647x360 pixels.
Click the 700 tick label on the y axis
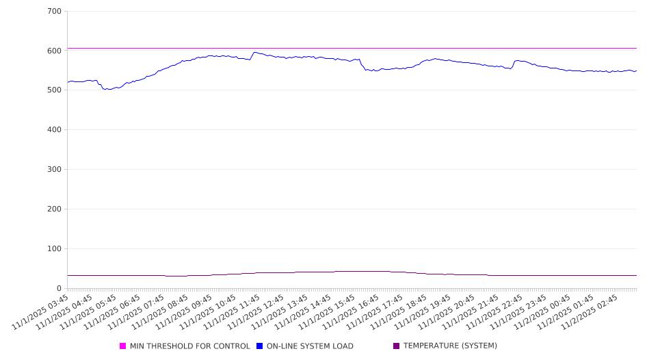pyautogui.click(x=55, y=12)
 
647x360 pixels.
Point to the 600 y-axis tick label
pyautogui.click(x=55, y=51)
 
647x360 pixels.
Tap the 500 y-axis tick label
pyautogui.click(x=55, y=90)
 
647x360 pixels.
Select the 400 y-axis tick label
pyautogui.click(x=55, y=130)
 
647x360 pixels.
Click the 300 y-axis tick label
pyautogui.click(x=55, y=170)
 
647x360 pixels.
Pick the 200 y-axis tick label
pyautogui.click(x=55, y=209)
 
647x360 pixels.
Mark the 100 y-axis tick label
pyautogui.click(x=55, y=249)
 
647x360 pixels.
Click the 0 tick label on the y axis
pyautogui.click(x=60, y=289)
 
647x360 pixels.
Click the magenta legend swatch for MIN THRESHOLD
pyautogui.click(x=123, y=346)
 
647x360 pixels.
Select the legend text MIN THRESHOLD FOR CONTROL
pyautogui.click(x=189, y=346)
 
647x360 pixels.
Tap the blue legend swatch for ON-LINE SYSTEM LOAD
pyautogui.click(x=260, y=346)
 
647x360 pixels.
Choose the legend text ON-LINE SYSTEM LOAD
pyautogui.click(x=310, y=346)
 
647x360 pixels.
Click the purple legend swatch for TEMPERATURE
pyautogui.click(x=396, y=346)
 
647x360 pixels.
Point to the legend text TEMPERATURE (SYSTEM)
pyautogui.click(x=450, y=346)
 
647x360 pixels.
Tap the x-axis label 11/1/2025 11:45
pyautogui.click(x=233, y=311)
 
